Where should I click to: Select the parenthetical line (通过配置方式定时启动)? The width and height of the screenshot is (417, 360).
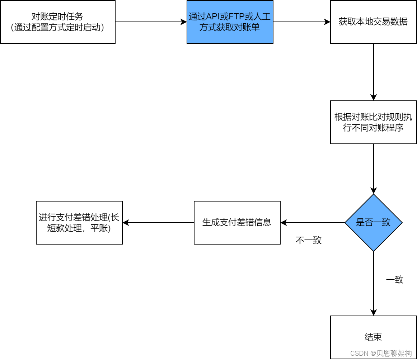[57, 28]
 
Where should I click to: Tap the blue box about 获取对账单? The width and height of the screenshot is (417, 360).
[230, 22]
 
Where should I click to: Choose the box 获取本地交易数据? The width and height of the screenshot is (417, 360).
[373, 22]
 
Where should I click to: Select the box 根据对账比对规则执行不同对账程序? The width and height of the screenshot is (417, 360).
[373, 122]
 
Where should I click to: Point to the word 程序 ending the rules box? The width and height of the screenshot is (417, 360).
[395, 128]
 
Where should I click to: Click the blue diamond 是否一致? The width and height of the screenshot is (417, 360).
[373, 223]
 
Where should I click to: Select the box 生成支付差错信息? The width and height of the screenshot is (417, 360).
[237, 223]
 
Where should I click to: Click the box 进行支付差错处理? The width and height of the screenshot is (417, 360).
[79, 223]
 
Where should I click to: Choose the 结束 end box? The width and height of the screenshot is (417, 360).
[373, 337]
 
